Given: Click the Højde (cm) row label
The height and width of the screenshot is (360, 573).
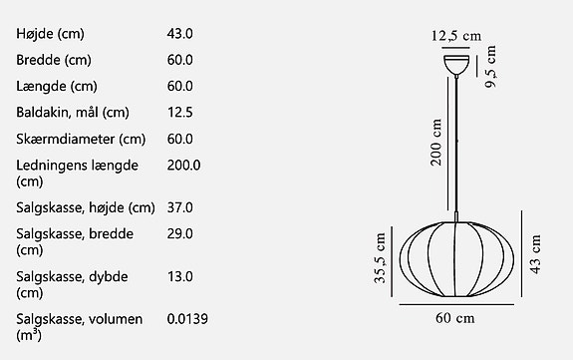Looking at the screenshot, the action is [50, 34].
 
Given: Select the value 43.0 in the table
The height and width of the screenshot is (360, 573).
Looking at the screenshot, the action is [179, 34].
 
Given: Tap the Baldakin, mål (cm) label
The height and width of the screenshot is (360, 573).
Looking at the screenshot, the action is [73, 113].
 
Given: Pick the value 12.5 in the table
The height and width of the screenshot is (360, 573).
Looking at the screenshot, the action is [179, 113].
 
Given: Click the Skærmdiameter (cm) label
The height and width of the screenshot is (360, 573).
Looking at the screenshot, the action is [81, 139].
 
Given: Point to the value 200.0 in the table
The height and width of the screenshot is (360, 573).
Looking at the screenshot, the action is [183, 166].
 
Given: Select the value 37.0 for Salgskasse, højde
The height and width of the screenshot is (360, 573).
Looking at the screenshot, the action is [179, 207].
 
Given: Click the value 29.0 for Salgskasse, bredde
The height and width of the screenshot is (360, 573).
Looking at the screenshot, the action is [179, 233].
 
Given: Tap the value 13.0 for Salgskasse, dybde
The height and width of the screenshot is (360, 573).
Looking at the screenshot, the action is [179, 276].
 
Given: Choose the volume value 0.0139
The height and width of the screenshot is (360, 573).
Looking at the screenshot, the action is [187, 319].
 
